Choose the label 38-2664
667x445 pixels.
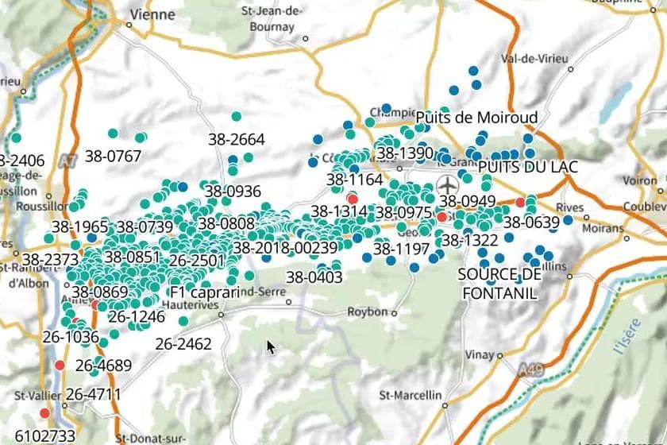(x=237, y=139)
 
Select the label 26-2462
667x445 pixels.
(x=183, y=344)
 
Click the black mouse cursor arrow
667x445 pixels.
(x=271, y=347)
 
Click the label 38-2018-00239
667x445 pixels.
(x=285, y=248)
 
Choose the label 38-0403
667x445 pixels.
(x=314, y=277)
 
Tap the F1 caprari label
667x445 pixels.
(x=204, y=292)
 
